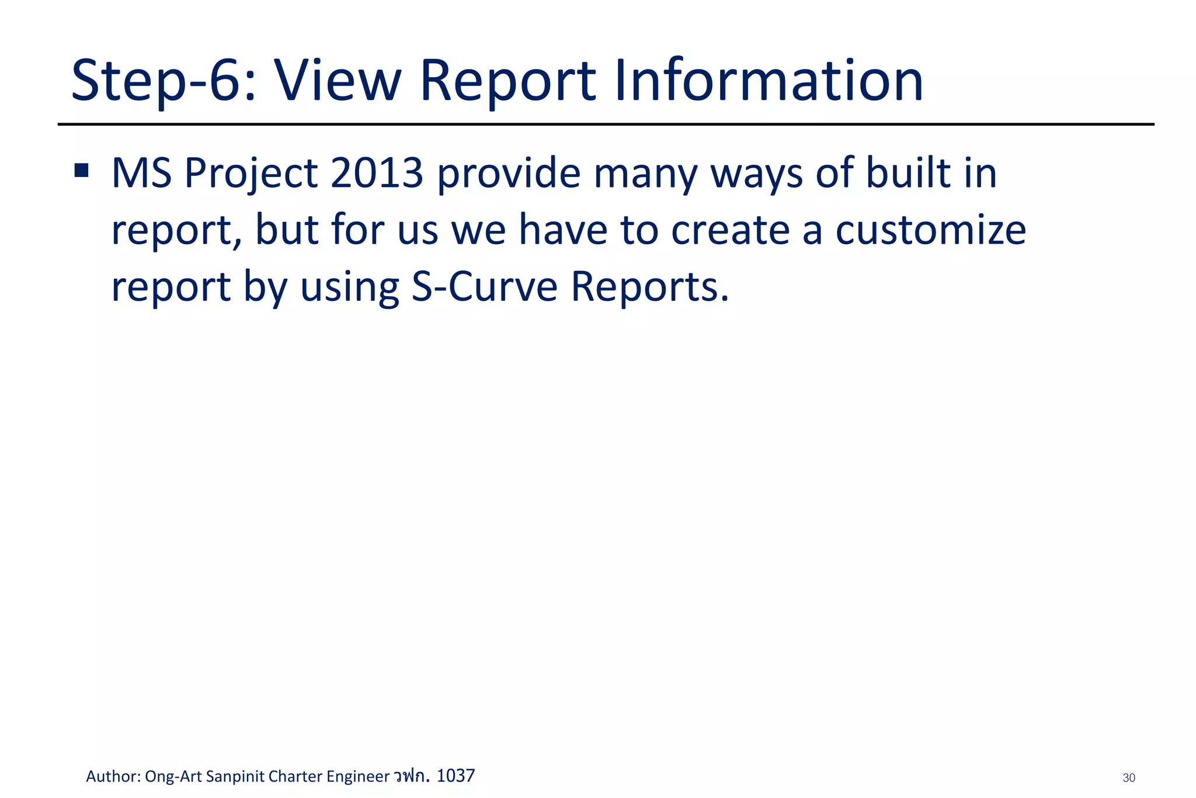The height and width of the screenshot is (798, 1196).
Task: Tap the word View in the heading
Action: click(x=338, y=81)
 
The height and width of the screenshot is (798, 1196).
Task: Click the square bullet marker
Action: click(x=81, y=171)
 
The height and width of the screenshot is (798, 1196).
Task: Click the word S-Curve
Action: click(x=485, y=286)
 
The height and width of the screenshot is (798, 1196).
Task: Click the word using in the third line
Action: click(x=349, y=287)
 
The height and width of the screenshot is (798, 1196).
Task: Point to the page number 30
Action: click(x=1129, y=778)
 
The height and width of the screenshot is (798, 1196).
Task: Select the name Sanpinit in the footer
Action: click(x=235, y=776)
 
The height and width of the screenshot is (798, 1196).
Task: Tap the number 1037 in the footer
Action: click(x=456, y=776)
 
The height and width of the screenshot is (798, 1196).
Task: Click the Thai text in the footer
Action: click(x=412, y=776)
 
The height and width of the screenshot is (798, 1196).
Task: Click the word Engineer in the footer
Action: click(x=357, y=776)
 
